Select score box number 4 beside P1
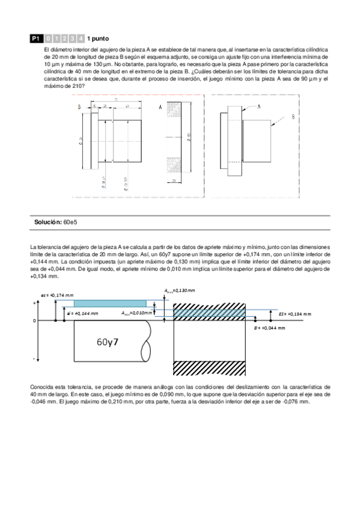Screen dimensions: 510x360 click(x=80, y=37)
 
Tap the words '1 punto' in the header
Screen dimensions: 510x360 click(x=97, y=37)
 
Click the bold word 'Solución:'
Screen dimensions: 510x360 click(x=47, y=223)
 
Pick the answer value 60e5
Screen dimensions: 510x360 click(x=70, y=223)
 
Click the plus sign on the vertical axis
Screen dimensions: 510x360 click(x=34, y=303)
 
